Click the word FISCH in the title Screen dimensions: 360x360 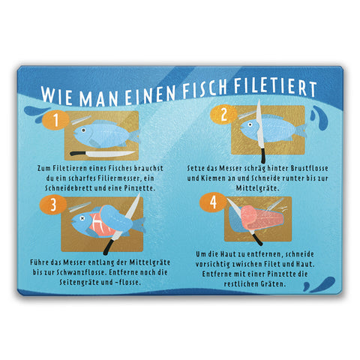click(x=205, y=89)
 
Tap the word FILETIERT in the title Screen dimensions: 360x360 click(x=275, y=88)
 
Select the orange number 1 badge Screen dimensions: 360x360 click(x=55, y=121)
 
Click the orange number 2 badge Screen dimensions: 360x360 click(x=223, y=115)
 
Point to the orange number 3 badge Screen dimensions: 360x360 click(x=53, y=205)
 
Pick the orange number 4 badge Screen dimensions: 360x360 click(x=213, y=202)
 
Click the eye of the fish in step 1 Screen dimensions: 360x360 click(x=83, y=130)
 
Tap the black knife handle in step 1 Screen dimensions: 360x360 click(x=78, y=153)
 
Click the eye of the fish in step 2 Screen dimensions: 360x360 click(x=250, y=124)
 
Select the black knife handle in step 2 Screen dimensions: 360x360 click(x=262, y=155)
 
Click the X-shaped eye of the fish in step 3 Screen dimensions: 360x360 click(x=82, y=218)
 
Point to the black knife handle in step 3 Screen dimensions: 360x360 click(x=109, y=247)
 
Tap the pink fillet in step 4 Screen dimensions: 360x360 click(x=262, y=218)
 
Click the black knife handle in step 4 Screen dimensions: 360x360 click(x=257, y=239)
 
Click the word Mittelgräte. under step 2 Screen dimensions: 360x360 click(x=257, y=188)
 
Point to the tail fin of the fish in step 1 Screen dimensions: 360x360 click(x=134, y=136)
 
